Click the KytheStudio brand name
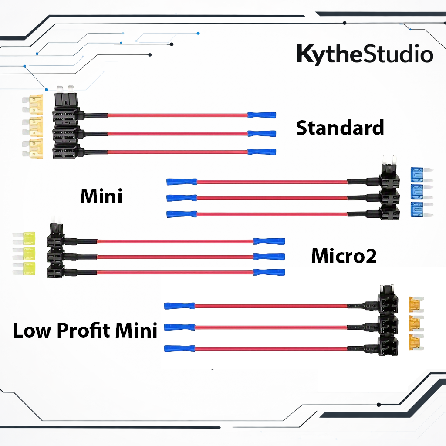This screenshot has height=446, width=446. click(x=365, y=54)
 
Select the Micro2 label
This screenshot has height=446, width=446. click(x=344, y=256)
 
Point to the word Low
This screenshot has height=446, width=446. click(x=32, y=331)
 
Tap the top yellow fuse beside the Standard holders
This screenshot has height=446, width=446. click(x=33, y=105)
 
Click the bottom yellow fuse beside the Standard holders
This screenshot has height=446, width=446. click(x=33, y=148)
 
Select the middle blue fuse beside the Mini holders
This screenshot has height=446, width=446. click(x=422, y=192)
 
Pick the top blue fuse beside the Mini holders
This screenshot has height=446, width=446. click(x=422, y=175)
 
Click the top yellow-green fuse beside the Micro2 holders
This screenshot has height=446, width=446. click(x=24, y=238)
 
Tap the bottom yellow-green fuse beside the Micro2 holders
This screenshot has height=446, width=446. click(x=24, y=268)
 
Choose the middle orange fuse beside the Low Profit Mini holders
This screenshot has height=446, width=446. click(x=416, y=324)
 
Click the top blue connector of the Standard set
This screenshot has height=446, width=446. click(x=262, y=115)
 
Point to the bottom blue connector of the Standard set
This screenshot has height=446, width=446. click(x=262, y=152)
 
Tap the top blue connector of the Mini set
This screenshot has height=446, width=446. click(x=182, y=182)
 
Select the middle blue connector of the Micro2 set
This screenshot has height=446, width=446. click(x=269, y=257)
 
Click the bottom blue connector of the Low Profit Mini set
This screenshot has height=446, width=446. click(x=179, y=348)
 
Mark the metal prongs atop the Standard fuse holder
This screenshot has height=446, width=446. click(x=65, y=89)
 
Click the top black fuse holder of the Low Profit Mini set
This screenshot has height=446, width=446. click(x=388, y=299)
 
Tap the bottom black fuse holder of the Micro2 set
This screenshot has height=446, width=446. click(x=56, y=271)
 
